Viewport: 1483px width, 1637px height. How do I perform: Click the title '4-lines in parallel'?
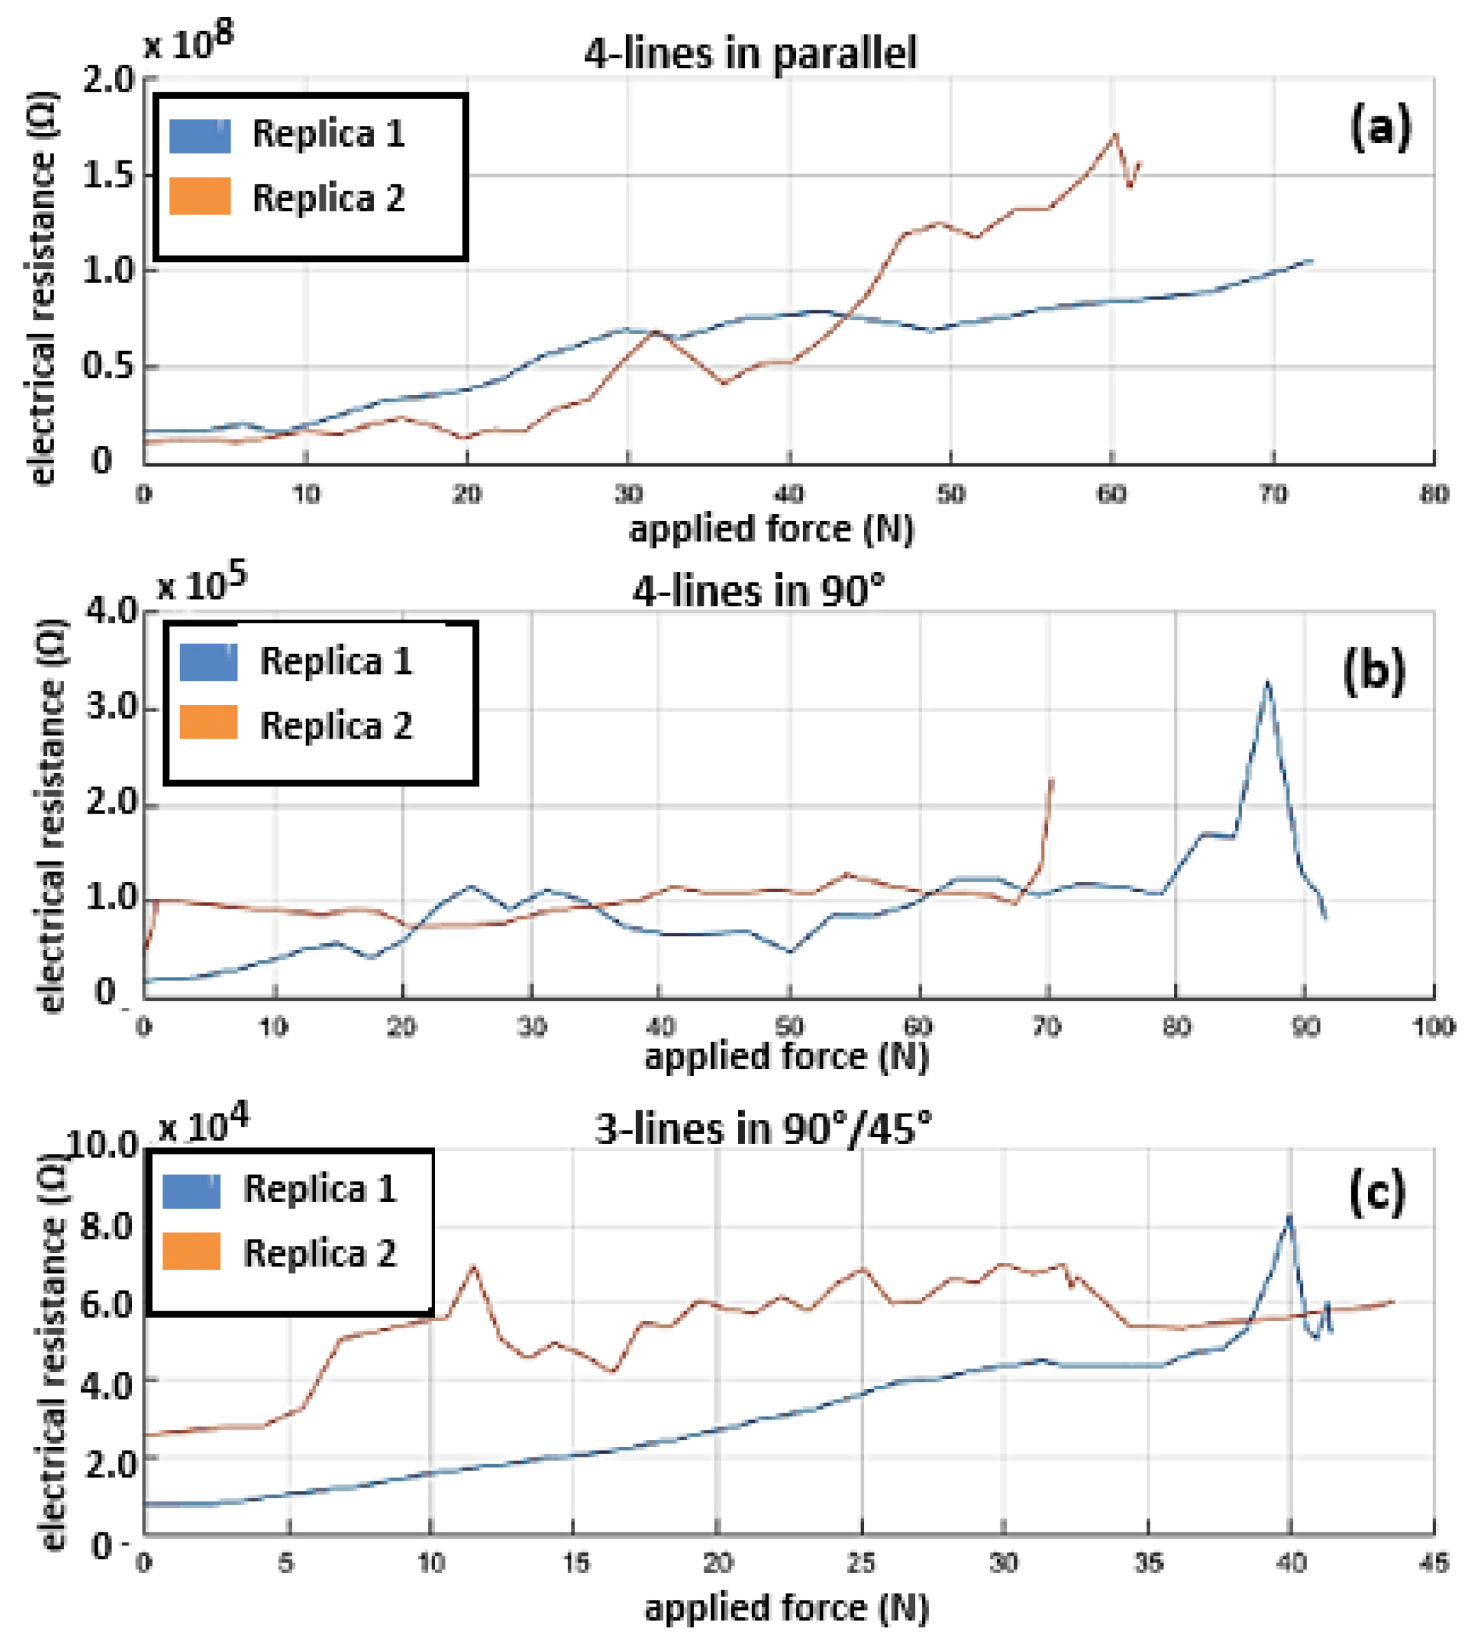750,54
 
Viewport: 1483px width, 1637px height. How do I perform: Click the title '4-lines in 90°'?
758,591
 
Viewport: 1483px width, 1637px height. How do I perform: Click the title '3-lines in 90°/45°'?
763,1129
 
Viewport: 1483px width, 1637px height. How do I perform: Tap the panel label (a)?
1380,128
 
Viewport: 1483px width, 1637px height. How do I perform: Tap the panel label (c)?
1376,1193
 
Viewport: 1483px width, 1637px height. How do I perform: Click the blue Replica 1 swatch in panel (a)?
200,135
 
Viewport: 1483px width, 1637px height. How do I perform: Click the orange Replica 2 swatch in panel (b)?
208,722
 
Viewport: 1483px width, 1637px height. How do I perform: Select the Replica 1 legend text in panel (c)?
320,1189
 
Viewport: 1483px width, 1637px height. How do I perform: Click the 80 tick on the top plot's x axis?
1433,494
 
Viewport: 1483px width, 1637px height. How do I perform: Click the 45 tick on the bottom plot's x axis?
1433,1563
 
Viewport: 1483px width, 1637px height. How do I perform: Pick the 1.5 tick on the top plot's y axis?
108,175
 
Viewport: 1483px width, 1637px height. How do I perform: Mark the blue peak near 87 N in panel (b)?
1267,683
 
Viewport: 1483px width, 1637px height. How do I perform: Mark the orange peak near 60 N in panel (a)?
1115,134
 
